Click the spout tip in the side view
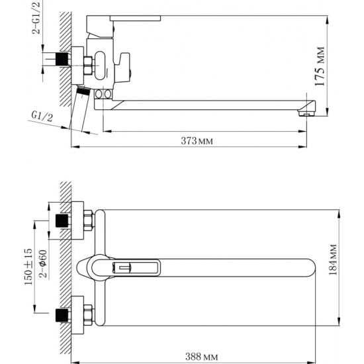306,109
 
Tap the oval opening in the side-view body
105,64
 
